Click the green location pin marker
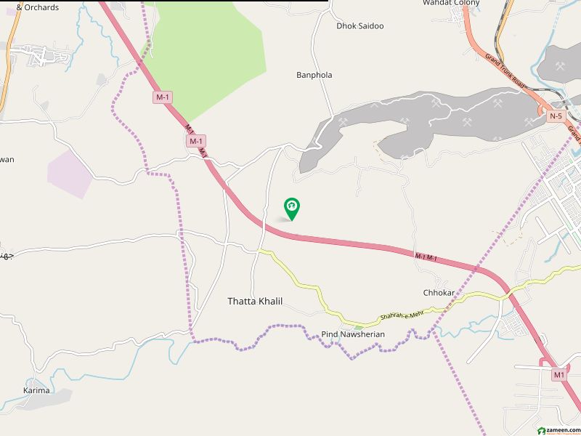pos(292,209)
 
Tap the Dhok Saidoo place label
pos(359,26)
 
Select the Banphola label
pos(314,75)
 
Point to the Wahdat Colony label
pos(451,3)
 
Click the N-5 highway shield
pos(556,116)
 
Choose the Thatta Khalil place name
pos(255,301)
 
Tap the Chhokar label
pos(439,293)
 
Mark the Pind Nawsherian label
pos(353,334)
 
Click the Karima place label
pos(36,390)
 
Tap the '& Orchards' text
pos(37,7)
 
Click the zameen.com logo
pos(558,429)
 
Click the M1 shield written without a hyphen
pos(558,375)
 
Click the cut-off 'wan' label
pos(7,160)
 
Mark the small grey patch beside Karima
pos(62,397)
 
